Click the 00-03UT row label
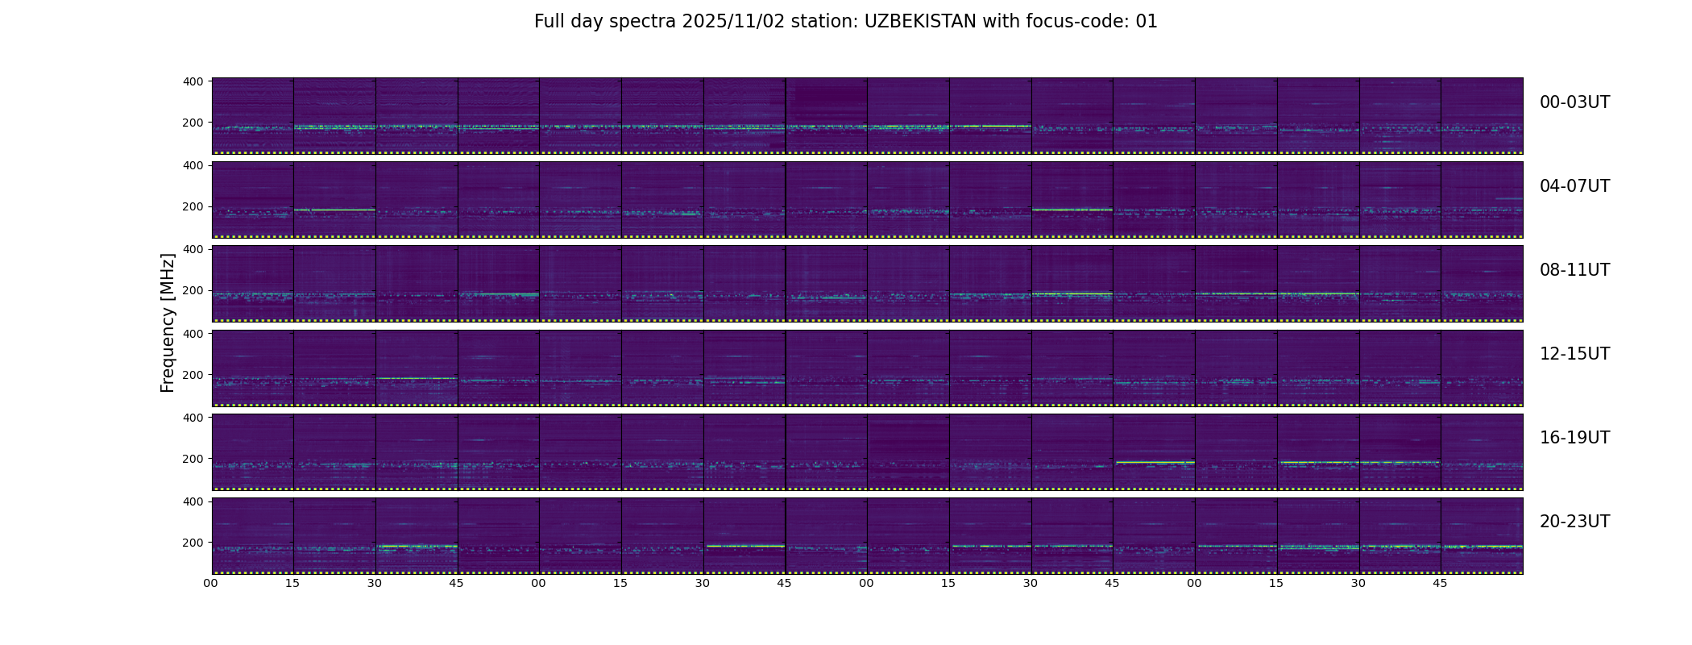1574,102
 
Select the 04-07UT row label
1574,186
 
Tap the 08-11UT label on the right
1574,270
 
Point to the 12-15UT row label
1574,354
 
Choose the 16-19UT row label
1574,438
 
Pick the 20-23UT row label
1574,522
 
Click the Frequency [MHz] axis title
168,322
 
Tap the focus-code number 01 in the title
1147,22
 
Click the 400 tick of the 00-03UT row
193,81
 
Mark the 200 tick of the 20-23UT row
193,543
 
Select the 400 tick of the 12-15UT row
193,333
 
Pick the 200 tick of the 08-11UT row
193,290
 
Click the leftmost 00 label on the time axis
210,583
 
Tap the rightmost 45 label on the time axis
1440,583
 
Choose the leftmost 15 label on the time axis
292,583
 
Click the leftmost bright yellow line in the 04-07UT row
335,210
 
